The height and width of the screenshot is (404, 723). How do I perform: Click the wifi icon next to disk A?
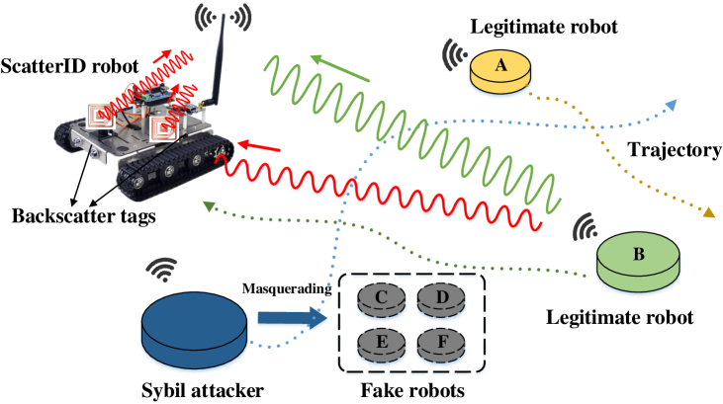(456, 55)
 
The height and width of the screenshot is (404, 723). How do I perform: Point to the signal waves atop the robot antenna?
(223, 17)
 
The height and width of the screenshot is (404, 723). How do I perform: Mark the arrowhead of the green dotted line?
(208, 205)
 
